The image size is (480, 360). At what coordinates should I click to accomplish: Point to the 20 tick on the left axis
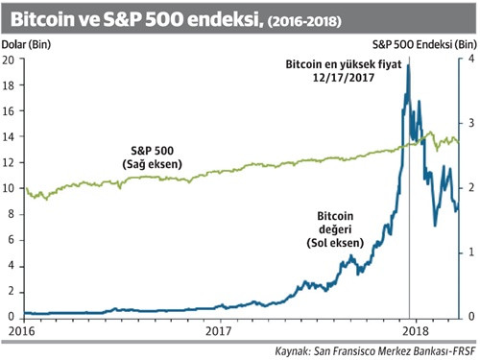coord(11,60)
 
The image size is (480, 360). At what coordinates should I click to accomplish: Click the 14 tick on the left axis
coord(11,136)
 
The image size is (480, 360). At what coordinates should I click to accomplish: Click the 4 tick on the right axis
coord(468,60)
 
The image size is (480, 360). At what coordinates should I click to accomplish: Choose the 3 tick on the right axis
coord(468,124)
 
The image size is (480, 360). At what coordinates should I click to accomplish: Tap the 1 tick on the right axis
coord(468,252)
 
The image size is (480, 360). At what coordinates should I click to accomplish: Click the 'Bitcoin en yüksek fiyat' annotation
coord(341,64)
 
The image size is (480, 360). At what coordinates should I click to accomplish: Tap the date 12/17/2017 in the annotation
coord(341,78)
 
